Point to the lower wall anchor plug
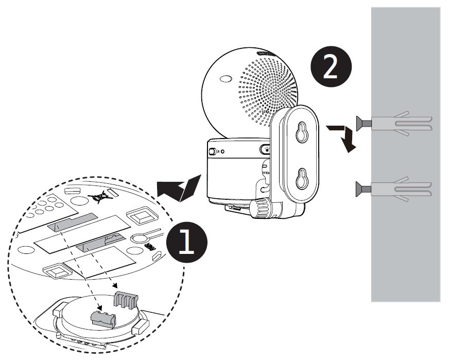[x=400, y=189]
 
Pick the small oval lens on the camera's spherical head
[x=225, y=80]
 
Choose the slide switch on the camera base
[x=212, y=152]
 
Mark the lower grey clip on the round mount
[x=102, y=318]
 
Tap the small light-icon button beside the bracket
[x=265, y=150]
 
